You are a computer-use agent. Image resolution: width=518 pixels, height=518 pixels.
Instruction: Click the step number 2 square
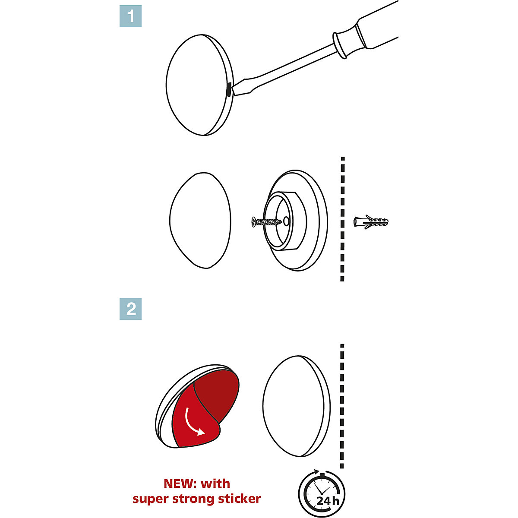point(130,309)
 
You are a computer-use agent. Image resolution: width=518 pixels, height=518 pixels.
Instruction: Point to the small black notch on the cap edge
point(227,90)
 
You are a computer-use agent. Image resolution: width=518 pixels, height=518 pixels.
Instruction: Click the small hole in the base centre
point(286,221)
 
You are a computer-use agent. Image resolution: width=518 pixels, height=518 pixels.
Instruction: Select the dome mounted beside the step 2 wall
point(296,406)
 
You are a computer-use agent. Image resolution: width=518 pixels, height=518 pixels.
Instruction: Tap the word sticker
point(240,499)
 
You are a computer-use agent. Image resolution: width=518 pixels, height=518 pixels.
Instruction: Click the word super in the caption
point(149,499)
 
